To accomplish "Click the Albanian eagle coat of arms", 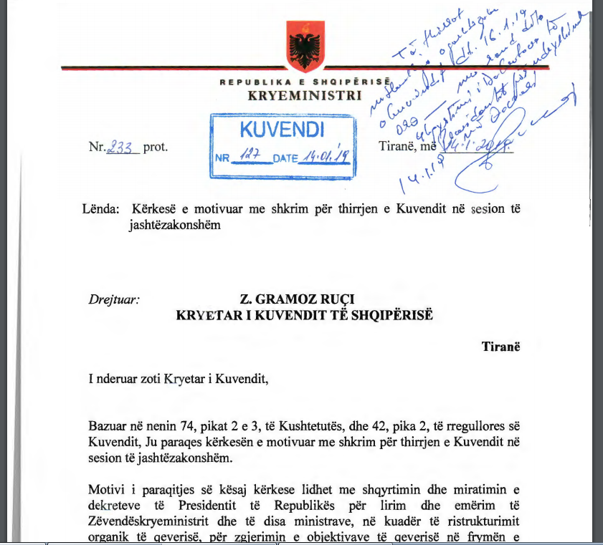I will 305,45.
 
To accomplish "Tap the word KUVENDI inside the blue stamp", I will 282,130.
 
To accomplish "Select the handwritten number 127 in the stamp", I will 248,158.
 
